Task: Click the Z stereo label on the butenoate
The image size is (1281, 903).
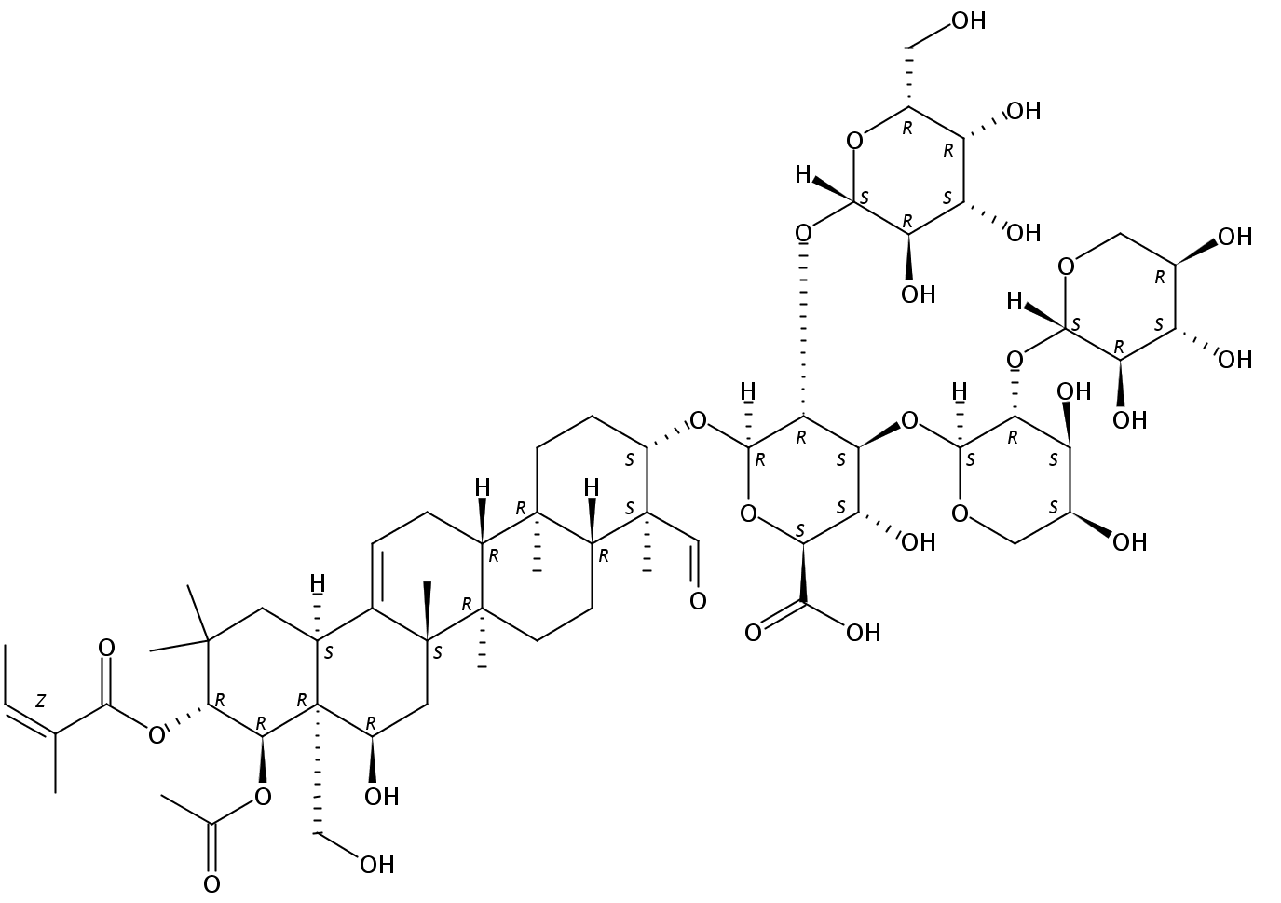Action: (x=40, y=699)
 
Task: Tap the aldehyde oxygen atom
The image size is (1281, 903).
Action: (x=697, y=600)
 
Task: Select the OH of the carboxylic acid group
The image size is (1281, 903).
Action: (x=862, y=633)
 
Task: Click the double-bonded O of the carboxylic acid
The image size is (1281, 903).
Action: (x=753, y=633)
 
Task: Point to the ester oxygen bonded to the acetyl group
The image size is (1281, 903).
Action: (x=263, y=796)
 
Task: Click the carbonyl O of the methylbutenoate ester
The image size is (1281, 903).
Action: (x=106, y=647)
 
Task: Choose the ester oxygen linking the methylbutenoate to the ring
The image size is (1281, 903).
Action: (x=157, y=736)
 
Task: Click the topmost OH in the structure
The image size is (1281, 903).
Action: (x=968, y=21)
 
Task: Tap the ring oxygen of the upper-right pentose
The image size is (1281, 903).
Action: (x=1067, y=267)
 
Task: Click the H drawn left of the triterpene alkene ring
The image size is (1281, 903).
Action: (x=317, y=584)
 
